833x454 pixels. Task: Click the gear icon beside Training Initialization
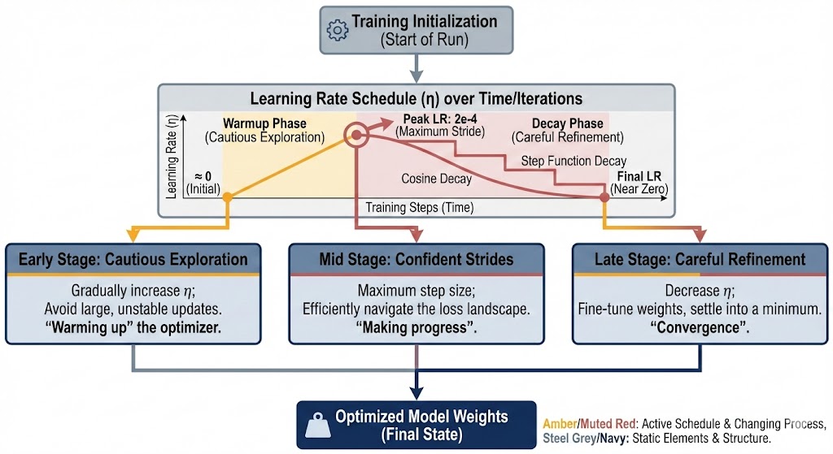(336, 30)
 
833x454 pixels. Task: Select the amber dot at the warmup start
(228, 197)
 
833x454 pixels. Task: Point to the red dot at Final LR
(604, 197)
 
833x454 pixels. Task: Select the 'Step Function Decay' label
(573, 161)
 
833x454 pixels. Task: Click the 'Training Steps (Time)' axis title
(419, 208)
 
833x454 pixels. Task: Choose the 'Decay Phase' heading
(568, 123)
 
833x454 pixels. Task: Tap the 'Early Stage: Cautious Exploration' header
(133, 260)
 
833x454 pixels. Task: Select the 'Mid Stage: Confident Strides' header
(416, 260)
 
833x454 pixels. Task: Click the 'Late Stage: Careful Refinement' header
(700, 260)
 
